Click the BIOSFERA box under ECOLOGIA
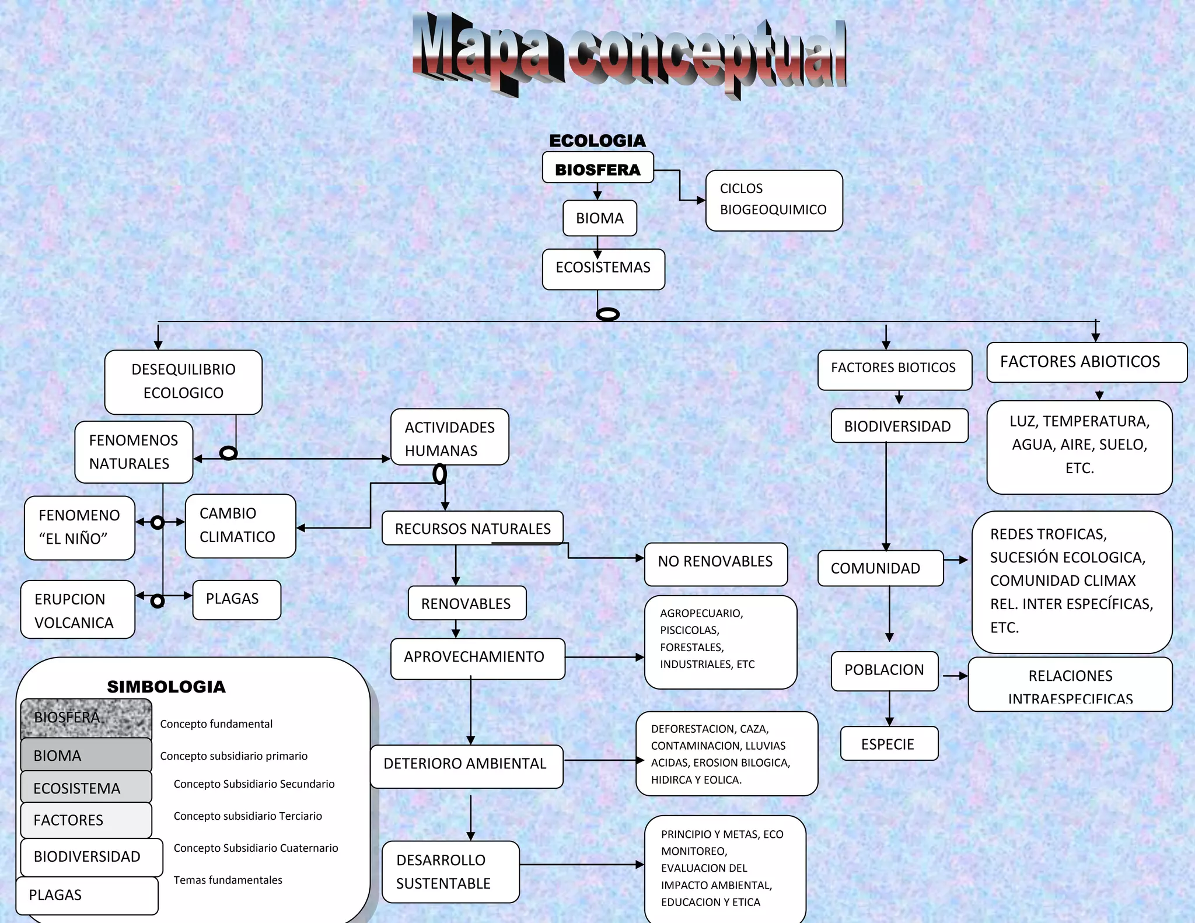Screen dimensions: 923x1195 point(597,169)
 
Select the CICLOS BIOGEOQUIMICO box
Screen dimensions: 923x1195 point(774,200)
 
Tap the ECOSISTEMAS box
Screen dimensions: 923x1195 point(603,269)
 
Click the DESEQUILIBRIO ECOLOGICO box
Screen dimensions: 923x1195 point(183,382)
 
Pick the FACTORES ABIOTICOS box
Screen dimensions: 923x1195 point(1086,362)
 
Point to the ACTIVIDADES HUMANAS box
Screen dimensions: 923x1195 point(449,438)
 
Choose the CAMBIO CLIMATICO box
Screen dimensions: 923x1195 point(240,526)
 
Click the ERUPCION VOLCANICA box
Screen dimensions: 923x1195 point(78,610)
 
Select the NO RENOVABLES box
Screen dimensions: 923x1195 point(715,564)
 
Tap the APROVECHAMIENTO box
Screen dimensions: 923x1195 point(477,658)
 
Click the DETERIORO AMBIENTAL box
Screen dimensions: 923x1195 point(466,765)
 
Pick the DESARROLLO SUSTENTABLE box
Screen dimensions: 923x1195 point(450,872)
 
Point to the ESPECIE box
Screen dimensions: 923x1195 point(889,743)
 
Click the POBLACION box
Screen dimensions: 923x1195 point(884,671)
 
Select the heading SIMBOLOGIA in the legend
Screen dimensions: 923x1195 point(166,687)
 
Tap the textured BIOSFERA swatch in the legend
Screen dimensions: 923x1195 point(86,718)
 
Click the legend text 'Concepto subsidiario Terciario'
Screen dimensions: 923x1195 point(247,816)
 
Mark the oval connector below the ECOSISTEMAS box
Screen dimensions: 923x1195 point(608,314)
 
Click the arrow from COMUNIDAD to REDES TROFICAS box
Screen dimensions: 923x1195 point(956,560)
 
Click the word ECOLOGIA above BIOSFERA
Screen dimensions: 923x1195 point(597,141)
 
